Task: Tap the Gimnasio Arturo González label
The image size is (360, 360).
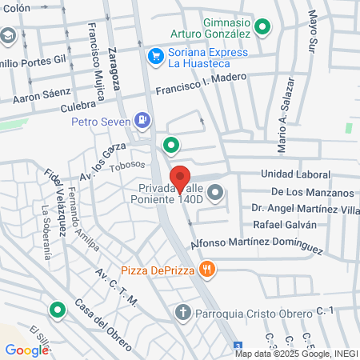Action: pyautogui.click(x=214, y=26)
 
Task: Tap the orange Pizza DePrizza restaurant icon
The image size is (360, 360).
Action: pyautogui.click(x=208, y=269)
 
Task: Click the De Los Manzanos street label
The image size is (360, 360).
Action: pyautogui.click(x=312, y=192)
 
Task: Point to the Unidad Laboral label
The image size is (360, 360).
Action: pyautogui.click(x=295, y=174)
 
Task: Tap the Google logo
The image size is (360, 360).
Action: pyautogui.click(x=26, y=350)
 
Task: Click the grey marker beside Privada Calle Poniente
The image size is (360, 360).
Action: pyautogui.click(x=216, y=193)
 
